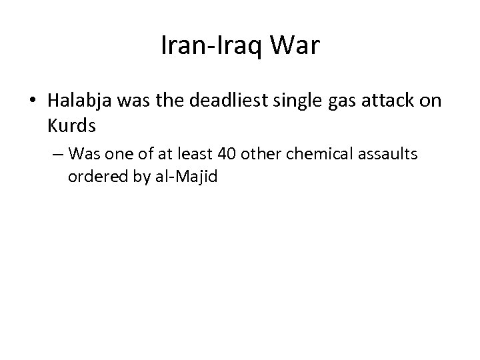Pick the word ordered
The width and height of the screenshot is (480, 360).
click(x=93, y=177)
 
